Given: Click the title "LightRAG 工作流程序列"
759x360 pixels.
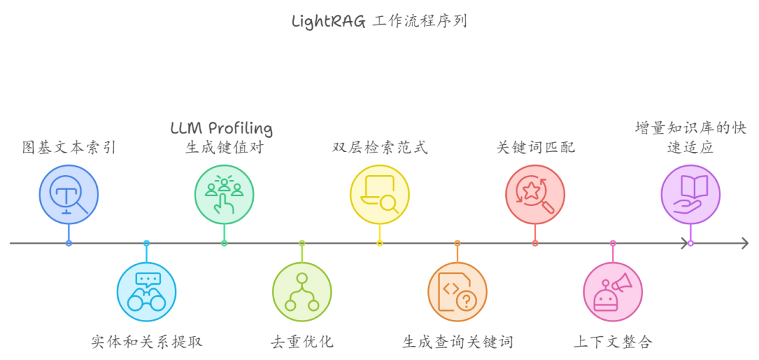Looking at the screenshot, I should click(379, 21).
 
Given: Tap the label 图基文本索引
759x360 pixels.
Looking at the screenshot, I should click(68, 148).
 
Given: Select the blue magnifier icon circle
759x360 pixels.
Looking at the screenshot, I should click(69, 194).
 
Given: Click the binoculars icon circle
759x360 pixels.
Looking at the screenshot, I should click(146, 291).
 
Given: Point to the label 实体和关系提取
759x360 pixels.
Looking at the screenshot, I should click(146, 342).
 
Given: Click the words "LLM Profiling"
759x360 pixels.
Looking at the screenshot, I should click(221, 129).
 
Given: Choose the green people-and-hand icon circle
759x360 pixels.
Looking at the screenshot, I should click(224, 194).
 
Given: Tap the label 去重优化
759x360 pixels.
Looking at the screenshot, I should click(301, 342).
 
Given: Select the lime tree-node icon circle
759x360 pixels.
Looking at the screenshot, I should click(302, 291).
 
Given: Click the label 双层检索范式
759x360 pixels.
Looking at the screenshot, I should click(379, 148).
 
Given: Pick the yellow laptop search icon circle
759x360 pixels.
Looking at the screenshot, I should click(379, 194).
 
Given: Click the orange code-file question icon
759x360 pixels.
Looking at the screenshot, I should click(458, 291).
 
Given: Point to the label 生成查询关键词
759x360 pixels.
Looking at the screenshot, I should click(458, 342).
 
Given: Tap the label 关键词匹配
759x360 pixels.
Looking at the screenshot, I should click(535, 148).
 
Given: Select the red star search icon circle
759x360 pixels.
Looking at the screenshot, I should click(535, 194).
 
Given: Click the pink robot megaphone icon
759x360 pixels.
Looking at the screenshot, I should click(613, 291).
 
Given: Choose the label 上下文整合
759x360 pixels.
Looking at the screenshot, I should click(613, 342).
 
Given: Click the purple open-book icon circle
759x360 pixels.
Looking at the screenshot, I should click(690, 194).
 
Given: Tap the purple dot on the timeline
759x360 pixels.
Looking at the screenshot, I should click(690, 243).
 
